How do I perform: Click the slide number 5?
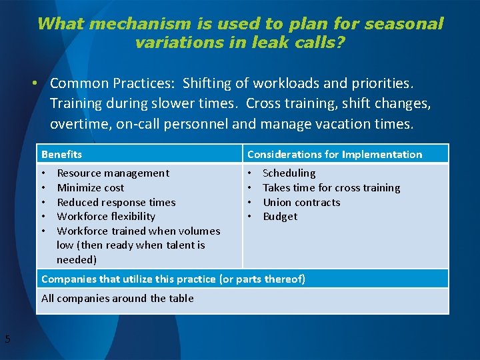(7, 339)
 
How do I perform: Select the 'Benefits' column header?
(61, 154)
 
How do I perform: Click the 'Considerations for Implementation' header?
(334, 154)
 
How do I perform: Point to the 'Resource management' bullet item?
(113, 173)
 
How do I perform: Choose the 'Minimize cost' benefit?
(90, 188)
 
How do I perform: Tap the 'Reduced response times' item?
(116, 203)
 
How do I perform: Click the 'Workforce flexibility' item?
(105, 217)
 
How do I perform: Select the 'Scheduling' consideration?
(289, 173)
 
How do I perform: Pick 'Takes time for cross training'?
(331, 188)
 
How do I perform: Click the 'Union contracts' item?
(301, 203)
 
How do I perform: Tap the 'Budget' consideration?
(280, 217)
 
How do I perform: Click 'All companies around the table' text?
(117, 299)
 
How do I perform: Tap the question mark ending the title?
(341, 43)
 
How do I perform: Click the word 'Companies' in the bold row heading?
(69, 279)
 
